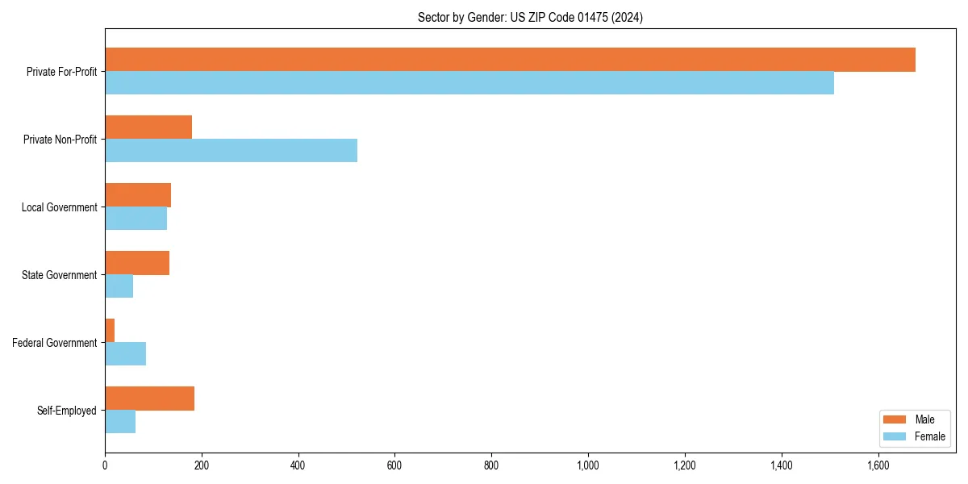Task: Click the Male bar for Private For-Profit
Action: pos(510,60)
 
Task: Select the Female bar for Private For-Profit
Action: pos(469,83)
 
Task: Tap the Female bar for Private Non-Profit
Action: pos(231,151)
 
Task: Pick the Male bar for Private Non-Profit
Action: pos(148,127)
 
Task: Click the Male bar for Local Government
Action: pos(138,195)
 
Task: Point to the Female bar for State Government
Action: pos(119,286)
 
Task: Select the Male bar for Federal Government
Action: pos(110,331)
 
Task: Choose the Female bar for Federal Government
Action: pos(126,354)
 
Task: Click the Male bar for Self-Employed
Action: pos(150,398)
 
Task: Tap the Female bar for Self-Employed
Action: pos(120,422)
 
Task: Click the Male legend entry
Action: pos(913,419)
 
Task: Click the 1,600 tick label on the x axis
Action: pos(878,465)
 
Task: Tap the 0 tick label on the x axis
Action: pos(105,465)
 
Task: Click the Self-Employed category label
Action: pos(67,411)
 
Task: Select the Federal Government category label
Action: pos(55,343)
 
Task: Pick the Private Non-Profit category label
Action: pos(60,140)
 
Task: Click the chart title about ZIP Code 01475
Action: pos(530,17)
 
